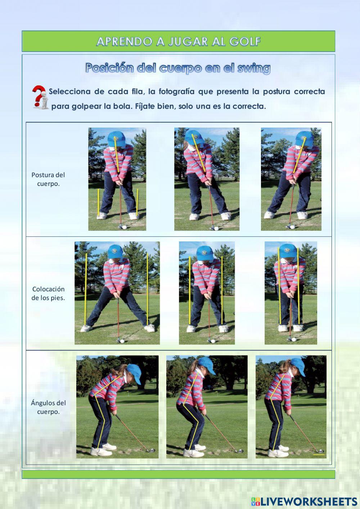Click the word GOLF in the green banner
[x=245, y=41]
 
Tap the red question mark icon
[x=40, y=97]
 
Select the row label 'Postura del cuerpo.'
[x=48, y=179]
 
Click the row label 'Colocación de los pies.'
[x=48, y=293]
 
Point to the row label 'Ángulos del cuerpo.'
[x=48, y=407]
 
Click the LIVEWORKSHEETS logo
[x=304, y=501]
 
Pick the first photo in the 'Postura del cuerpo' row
[x=117, y=179]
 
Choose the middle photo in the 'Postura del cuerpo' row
[x=207, y=179]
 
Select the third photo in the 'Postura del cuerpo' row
[x=291, y=179]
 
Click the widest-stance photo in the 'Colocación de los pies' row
[x=117, y=293]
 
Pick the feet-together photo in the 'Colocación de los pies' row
[x=291, y=293]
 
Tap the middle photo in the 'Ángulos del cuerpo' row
[x=207, y=407]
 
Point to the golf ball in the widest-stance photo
[x=122, y=340]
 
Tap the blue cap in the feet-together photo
[x=288, y=250]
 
